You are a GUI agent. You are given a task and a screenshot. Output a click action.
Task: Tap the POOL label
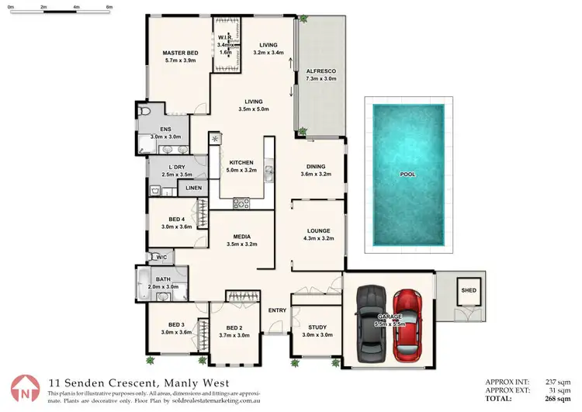pyautogui.click(x=407, y=175)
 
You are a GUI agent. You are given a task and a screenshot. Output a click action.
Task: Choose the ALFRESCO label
pyautogui.click(x=320, y=70)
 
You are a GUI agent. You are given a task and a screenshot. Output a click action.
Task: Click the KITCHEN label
pyautogui.click(x=241, y=161)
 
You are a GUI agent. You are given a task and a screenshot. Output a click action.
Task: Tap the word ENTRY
pyautogui.click(x=277, y=310)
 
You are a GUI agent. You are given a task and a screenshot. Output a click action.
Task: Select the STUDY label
pyautogui.click(x=316, y=327)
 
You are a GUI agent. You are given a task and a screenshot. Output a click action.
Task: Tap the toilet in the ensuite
pyautogui.click(x=144, y=113)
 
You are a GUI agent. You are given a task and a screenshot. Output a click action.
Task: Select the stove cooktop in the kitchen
pyautogui.click(x=241, y=204)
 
